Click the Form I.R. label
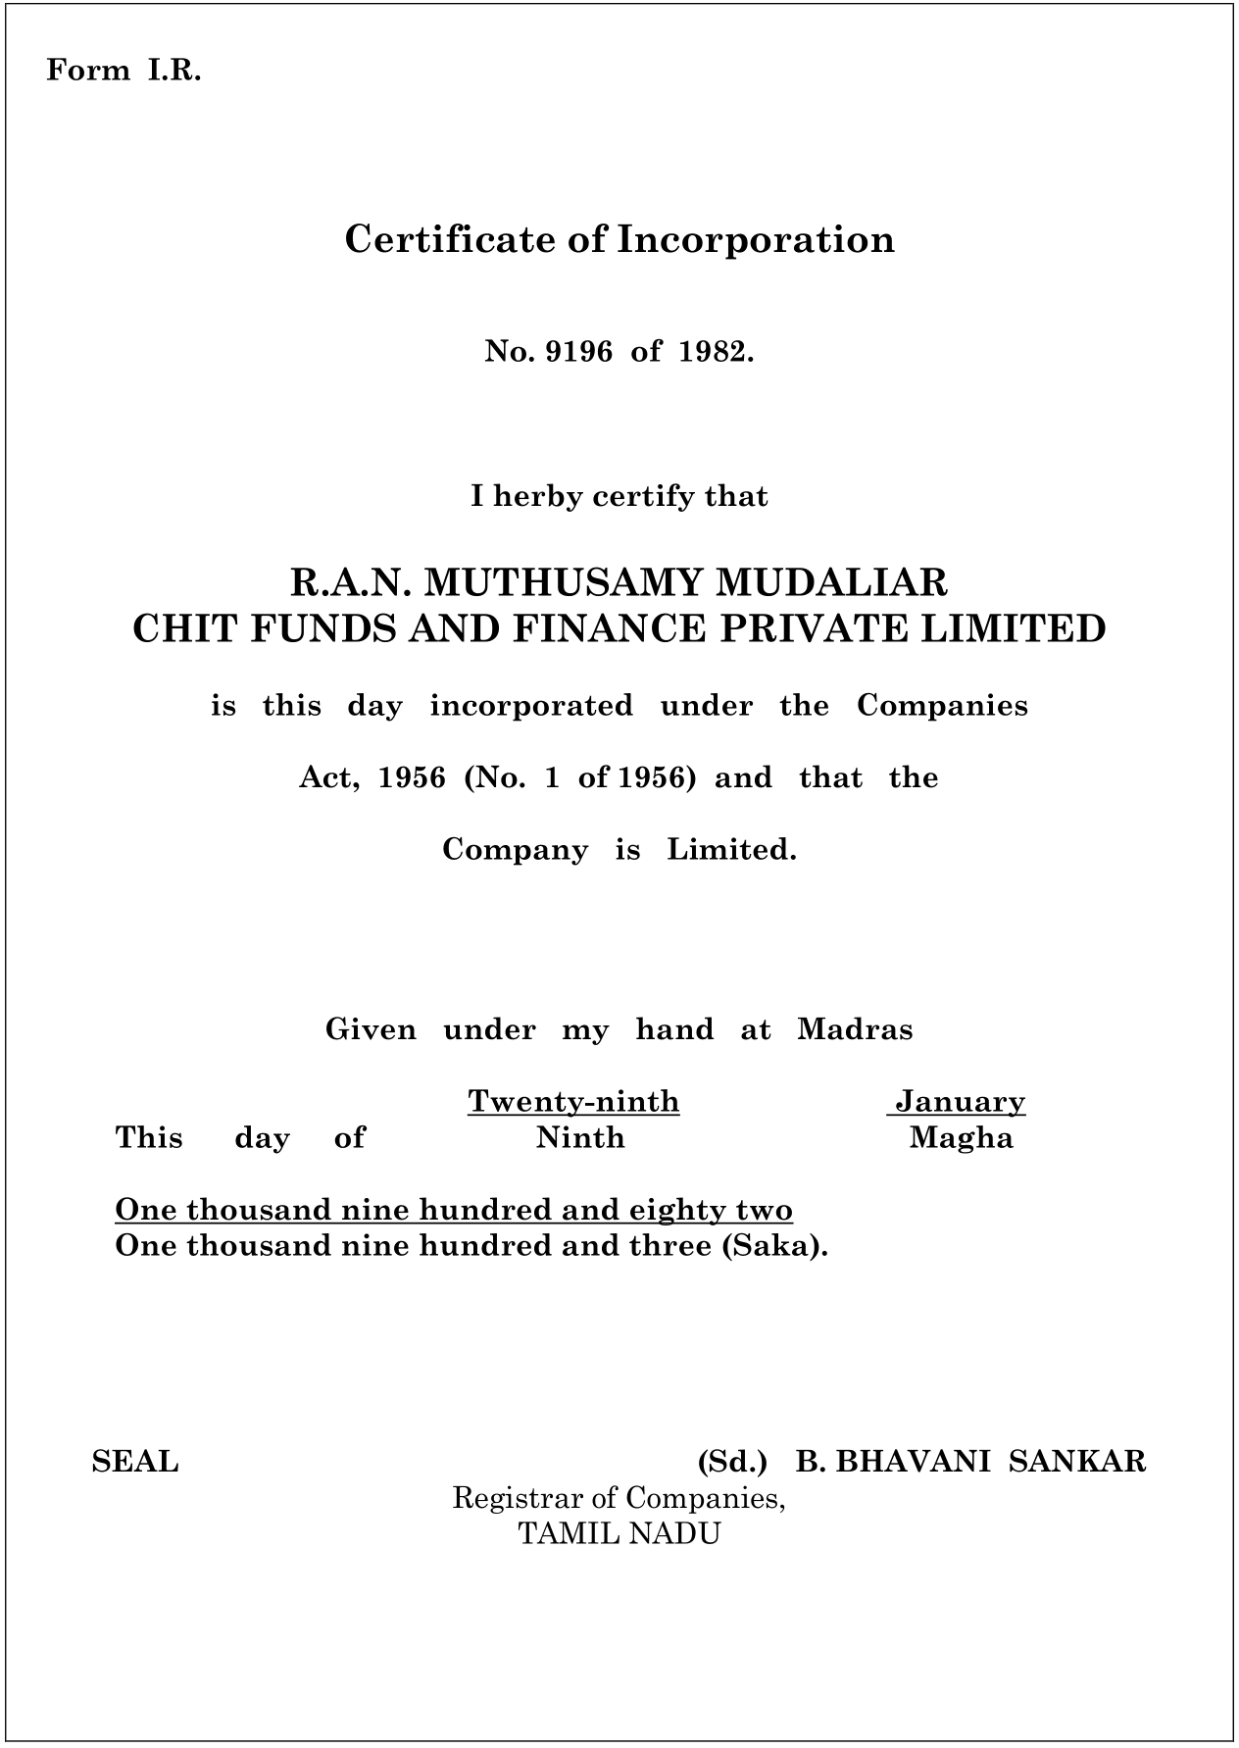click(x=124, y=71)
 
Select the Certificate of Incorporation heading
click(x=619, y=240)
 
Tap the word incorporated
click(x=531, y=706)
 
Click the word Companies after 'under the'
click(x=942, y=706)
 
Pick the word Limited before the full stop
click(x=728, y=849)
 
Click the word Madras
click(x=855, y=1029)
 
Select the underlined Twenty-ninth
click(x=573, y=1101)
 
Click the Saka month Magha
click(x=961, y=1137)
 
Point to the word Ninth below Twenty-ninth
click(x=580, y=1137)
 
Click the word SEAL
click(x=135, y=1462)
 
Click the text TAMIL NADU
click(x=619, y=1533)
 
